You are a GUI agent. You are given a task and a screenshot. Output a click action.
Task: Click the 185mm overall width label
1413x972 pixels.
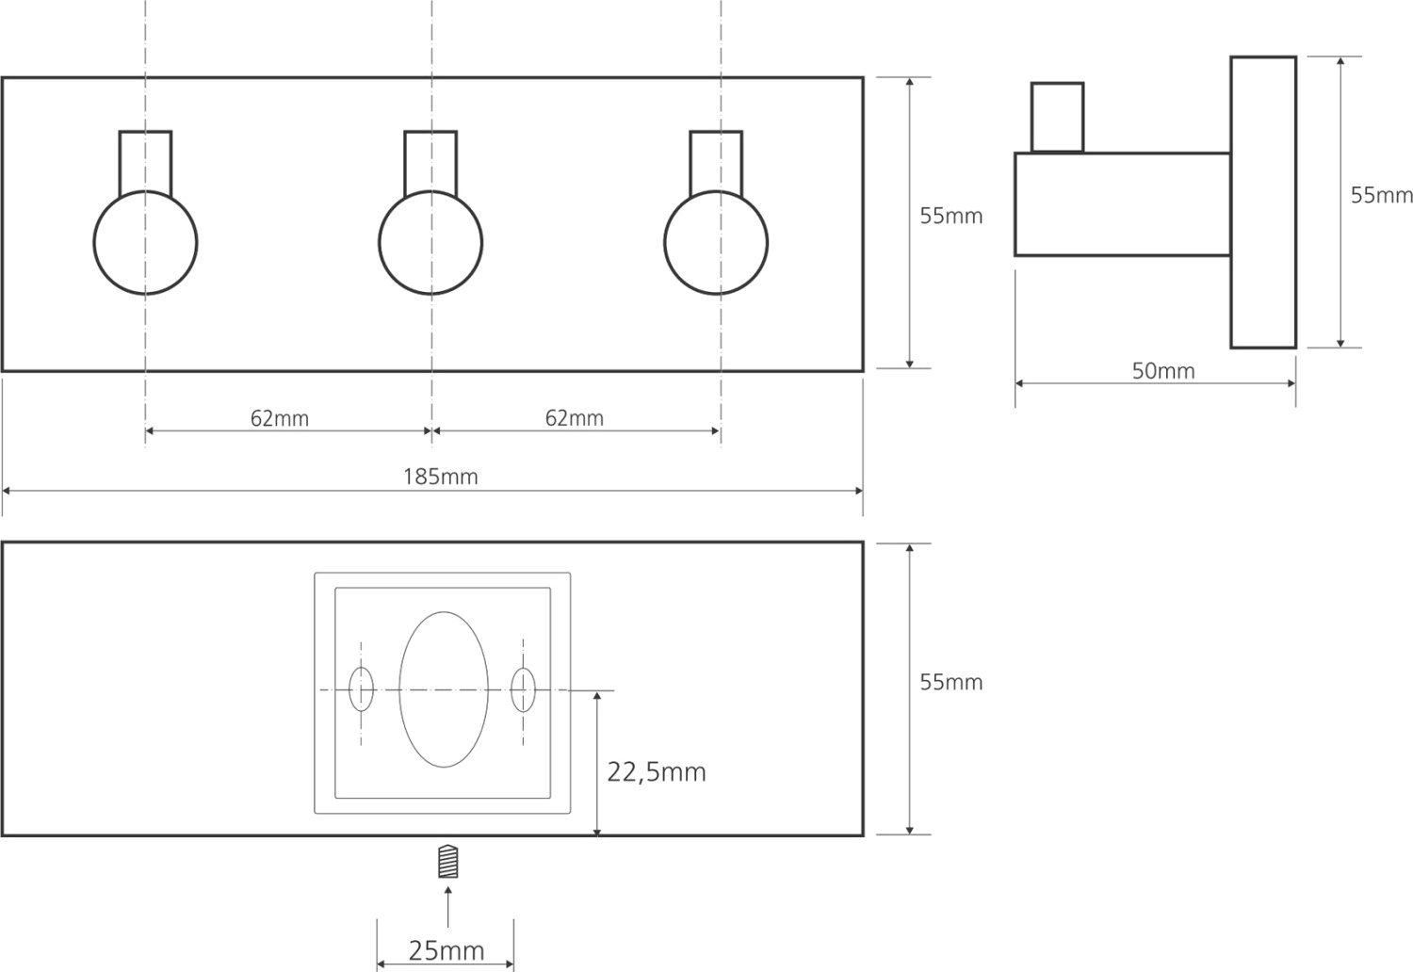(x=440, y=477)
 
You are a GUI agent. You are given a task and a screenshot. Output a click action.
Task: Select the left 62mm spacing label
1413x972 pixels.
(x=279, y=418)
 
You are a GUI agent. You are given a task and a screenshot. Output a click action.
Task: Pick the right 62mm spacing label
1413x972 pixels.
(x=574, y=417)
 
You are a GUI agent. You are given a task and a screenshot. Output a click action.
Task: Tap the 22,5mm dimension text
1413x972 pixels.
(x=656, y=772)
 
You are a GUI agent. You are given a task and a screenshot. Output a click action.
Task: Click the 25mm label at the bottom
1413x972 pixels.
(x=446, y=950)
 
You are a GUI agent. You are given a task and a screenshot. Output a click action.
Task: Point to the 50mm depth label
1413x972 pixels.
(x=1162, y=371)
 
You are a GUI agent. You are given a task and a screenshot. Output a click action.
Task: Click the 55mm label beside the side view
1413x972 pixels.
(x=1381, y=195)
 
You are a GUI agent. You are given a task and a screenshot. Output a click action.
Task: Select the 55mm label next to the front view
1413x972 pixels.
(x=950, y=216)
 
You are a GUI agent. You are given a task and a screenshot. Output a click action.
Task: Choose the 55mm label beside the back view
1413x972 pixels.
(x=950, y=682)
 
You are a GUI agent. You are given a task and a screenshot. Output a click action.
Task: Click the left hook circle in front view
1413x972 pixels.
(x=146, y=243)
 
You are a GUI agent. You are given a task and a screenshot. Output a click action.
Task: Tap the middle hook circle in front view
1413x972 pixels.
(x=430, y=243)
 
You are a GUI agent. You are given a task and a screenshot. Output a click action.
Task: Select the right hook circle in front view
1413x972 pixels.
(x=716, y=243)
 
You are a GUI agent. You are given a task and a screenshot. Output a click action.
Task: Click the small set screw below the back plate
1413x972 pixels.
(x=448, y=862)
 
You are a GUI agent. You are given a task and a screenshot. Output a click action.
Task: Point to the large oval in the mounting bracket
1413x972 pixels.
(x=444, y=688)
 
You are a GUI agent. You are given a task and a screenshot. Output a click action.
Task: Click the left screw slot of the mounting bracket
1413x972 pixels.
(x=361, y=688)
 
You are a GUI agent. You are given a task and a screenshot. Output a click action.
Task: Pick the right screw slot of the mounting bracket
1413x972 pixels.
(x=523, y=688)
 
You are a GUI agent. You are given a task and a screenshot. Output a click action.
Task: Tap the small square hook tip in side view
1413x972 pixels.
(x=1057, y=117)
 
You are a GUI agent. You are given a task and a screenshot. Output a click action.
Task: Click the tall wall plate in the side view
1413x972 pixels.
(x=1262, y=202)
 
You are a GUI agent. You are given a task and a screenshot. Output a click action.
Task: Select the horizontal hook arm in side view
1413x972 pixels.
(x=1121, y=203)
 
